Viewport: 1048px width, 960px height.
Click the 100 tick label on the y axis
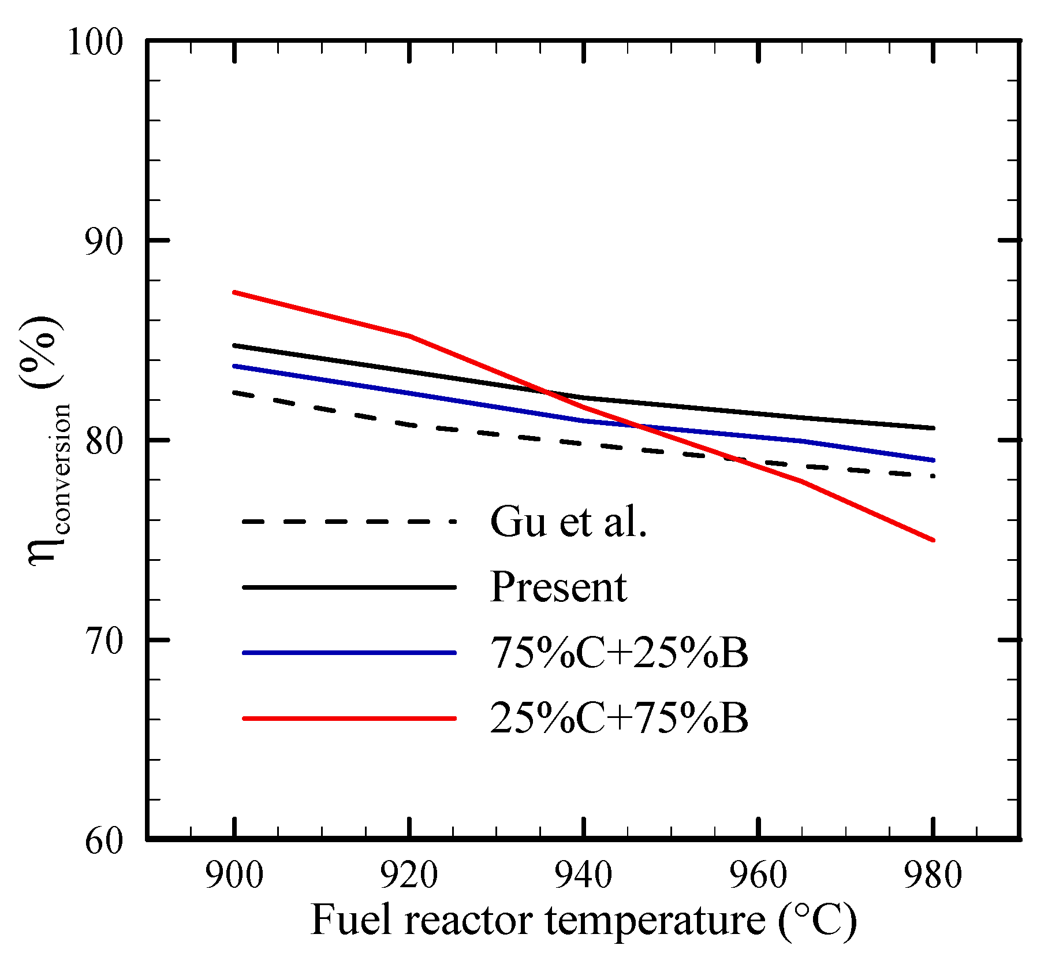[96, 42]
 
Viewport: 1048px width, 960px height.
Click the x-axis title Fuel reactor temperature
[583, 920]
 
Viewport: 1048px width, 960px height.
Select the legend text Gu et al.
[569, 522]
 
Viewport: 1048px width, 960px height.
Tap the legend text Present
[558, 588]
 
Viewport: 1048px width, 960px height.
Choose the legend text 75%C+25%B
[619, 653]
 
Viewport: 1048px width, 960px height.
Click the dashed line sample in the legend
[349, 522]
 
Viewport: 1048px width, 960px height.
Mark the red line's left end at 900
[234, 293]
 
